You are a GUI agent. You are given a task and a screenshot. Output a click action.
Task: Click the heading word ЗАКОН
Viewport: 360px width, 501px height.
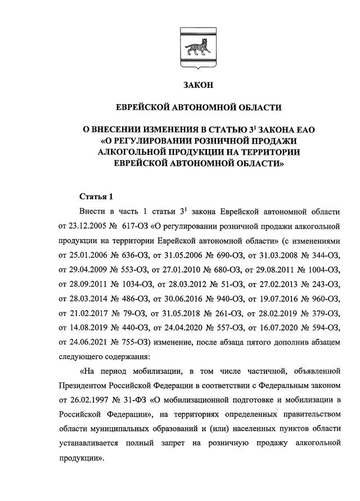pyautogui.click(x=199, y=85)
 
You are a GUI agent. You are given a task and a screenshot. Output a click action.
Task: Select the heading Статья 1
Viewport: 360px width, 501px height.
pyautogui.click(x=96, y=196)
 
